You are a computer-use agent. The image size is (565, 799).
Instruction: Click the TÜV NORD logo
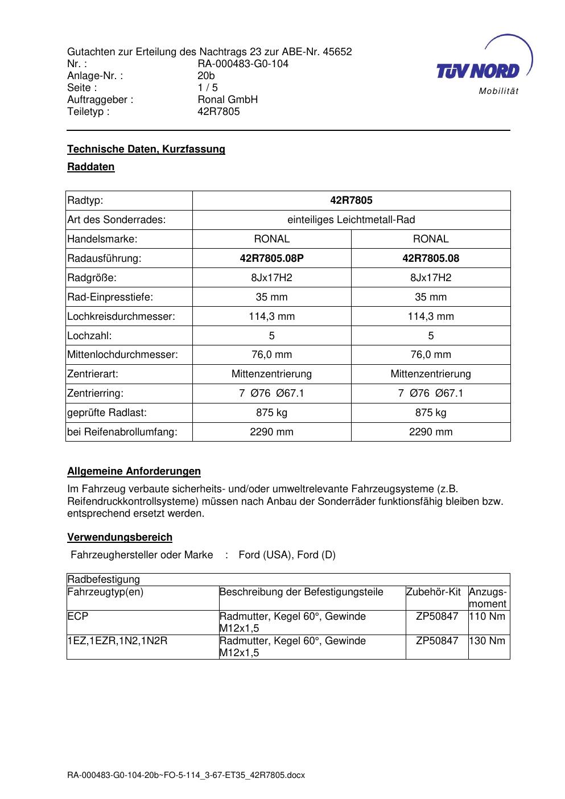click(x=481, y=67)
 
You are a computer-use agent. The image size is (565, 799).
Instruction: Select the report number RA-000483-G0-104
click(x=243, y=64)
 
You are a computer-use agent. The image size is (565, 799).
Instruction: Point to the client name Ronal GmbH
click(x=228, y=100)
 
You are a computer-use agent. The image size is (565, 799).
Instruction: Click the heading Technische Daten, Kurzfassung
click(x=146, y=149)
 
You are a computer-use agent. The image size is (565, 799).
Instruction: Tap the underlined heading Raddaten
click(x=91, y=167)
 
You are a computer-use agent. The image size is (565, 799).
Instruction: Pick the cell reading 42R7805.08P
click(x=271, y=258)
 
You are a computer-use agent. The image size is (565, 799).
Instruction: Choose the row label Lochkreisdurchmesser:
click(x=121, y=316)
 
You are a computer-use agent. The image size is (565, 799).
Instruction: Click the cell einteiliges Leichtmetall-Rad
click(x=351, y=220)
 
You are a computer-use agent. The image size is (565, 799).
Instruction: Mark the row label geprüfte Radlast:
click(x=107, y=413)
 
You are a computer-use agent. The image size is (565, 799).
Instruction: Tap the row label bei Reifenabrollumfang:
click(x=122, y=432)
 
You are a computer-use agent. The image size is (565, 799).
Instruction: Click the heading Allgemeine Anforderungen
click(x=134, y=471)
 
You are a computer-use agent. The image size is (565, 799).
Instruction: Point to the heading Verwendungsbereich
click(x=119, y=537)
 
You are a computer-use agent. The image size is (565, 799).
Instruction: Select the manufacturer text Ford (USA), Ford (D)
click(x=287, y=555)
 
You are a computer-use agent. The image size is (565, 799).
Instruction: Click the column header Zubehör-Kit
click(x=434, y=592)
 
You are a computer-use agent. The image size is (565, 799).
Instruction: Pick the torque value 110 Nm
click(x=488, y=616)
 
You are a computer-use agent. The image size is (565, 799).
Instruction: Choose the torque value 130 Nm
click(x=488, y=641)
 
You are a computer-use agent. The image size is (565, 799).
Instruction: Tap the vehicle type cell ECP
click(x=78, y=616)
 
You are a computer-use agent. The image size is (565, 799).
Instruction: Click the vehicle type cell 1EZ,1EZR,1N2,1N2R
click(x=117, y=641)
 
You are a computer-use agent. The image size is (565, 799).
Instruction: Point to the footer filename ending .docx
click(x=186, y=776)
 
